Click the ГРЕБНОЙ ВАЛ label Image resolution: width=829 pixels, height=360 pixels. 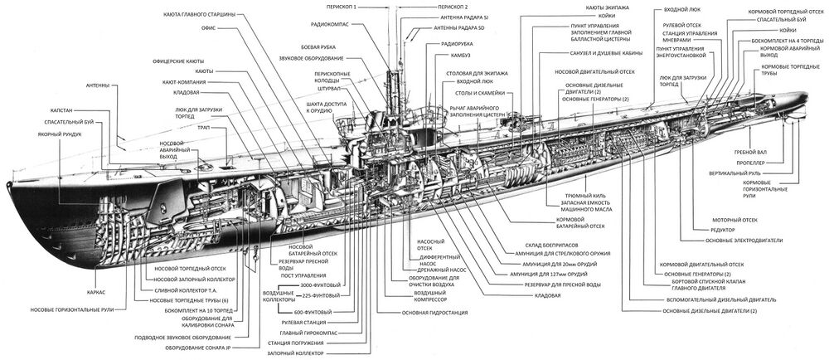pos(751,152)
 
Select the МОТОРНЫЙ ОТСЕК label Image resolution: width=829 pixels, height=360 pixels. pos(725,220)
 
